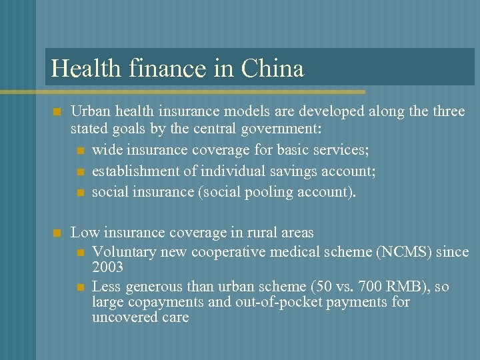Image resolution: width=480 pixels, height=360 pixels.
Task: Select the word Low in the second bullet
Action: coord(83,233)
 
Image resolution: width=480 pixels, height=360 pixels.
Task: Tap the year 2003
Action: coord(107,267)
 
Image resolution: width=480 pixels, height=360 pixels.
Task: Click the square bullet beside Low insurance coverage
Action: coord(57,233)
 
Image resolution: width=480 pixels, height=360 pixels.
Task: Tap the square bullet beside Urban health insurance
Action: coord(57,111)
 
